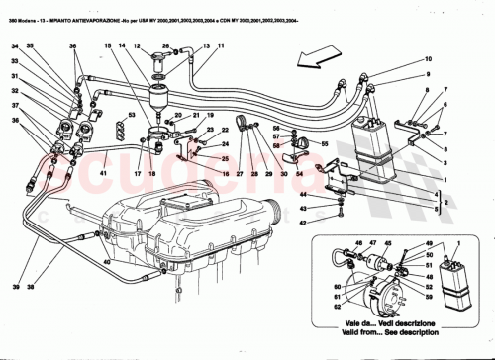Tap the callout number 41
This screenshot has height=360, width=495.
coord(104,172)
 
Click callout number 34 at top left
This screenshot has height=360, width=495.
coord(16,45)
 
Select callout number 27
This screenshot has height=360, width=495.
coord(239,173)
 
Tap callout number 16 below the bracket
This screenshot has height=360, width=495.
coord(151,173)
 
